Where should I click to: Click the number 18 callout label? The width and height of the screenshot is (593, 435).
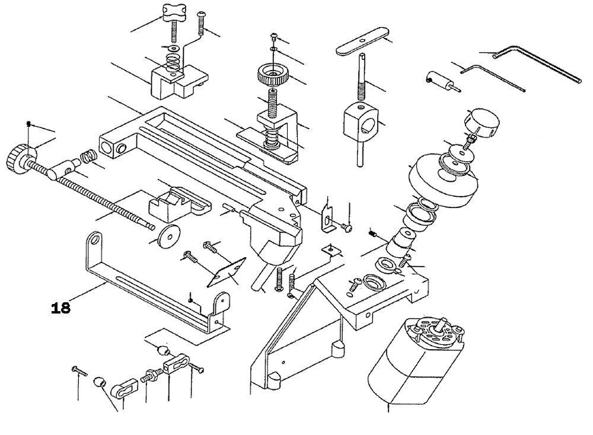61,308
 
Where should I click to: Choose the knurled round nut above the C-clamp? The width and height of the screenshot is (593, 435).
272,75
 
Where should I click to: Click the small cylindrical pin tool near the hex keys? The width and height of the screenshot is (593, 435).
439,80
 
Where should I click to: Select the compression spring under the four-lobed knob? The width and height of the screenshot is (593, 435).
173,60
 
